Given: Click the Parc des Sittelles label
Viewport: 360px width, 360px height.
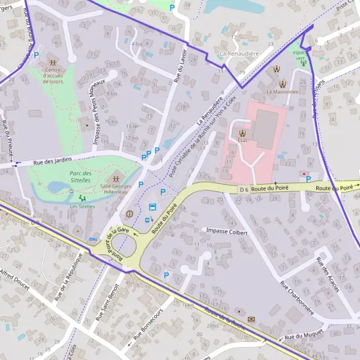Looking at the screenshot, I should pos(79,176).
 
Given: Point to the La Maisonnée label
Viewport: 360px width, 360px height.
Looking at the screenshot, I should pos(282,92).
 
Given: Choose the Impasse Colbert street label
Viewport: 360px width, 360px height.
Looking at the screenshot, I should pos(226,230).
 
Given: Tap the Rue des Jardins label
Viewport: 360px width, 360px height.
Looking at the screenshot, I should pos(53,161).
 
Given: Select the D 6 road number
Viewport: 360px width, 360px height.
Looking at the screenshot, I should pos(244,190).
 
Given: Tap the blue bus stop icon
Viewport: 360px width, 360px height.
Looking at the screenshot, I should pos(152,208).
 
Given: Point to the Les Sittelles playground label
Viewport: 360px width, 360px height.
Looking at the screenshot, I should pos(82,206).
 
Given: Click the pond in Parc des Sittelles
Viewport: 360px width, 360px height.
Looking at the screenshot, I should pos(58,187).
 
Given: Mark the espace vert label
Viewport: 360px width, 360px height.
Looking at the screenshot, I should pos(299,54).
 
